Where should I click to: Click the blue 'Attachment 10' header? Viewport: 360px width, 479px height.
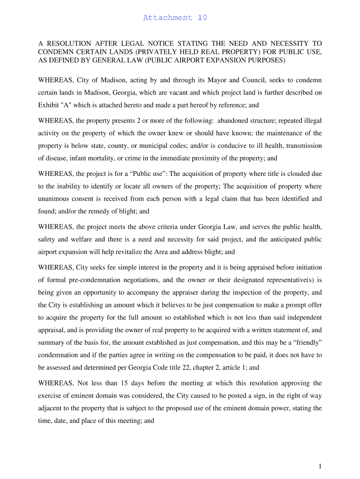175,18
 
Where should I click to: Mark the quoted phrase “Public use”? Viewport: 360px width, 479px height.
148,174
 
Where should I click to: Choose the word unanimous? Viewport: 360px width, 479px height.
55,199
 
